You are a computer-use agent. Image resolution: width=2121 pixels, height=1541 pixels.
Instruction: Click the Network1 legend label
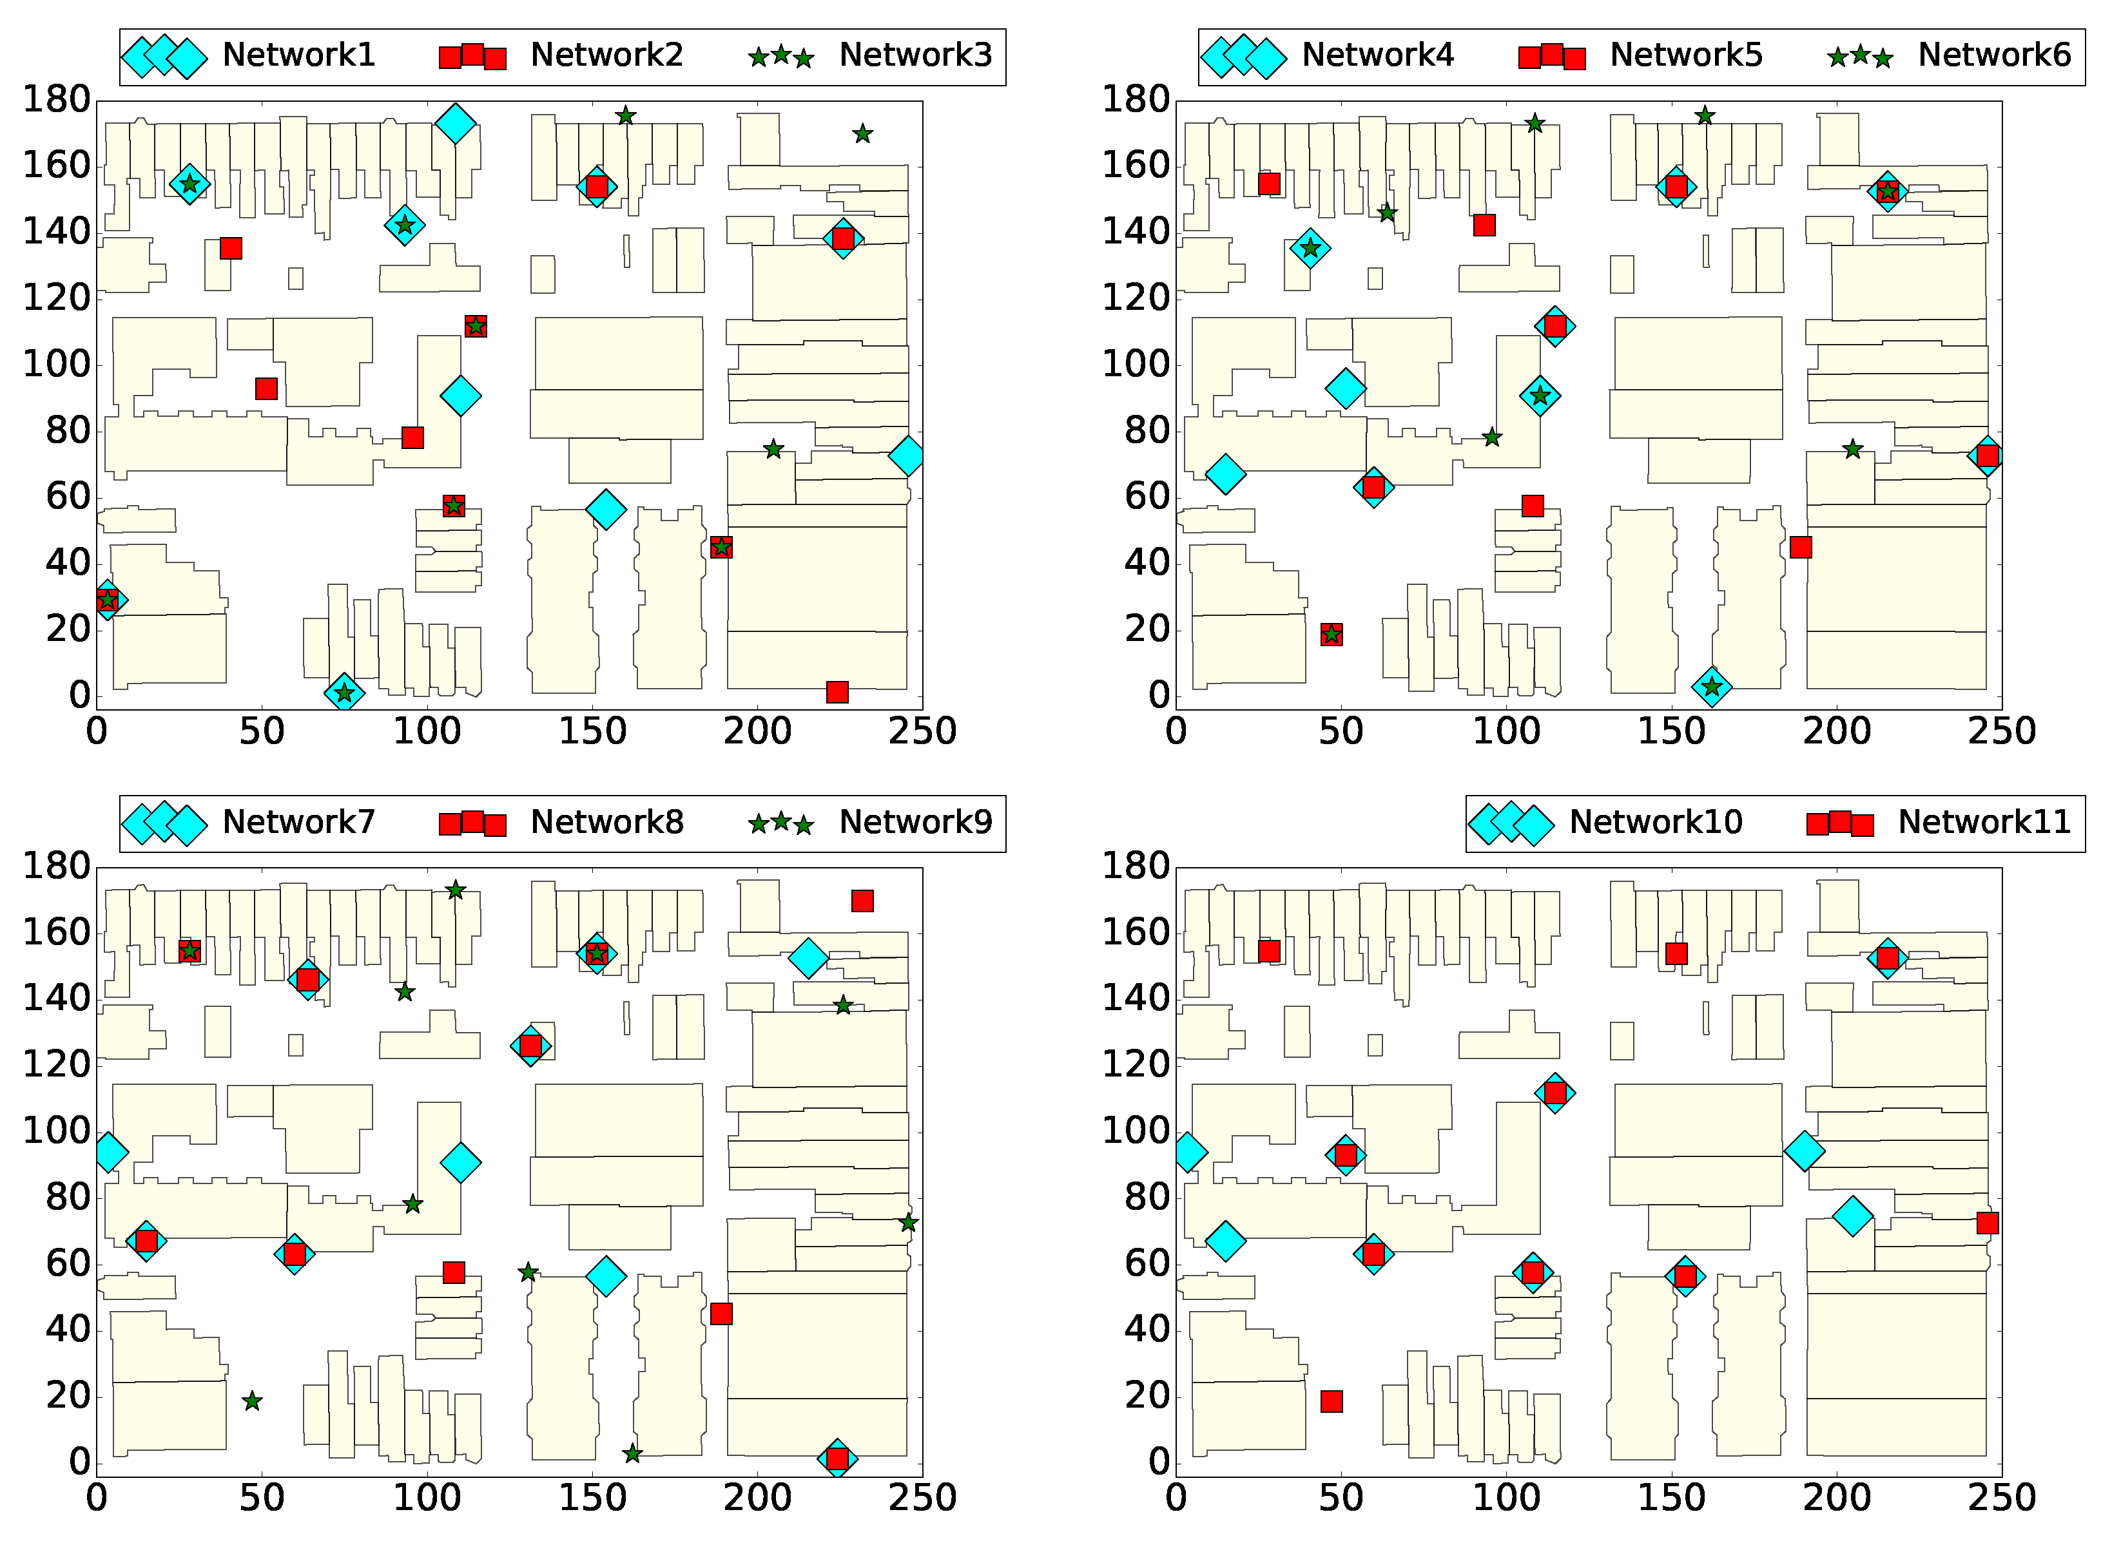coord(298,55)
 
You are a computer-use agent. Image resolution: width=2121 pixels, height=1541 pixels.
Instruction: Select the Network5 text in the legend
coord(1685,55)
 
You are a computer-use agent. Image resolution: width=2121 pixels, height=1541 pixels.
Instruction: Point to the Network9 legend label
coord(916,822)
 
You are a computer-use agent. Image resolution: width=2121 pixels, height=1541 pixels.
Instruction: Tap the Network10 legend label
coord(1655,822)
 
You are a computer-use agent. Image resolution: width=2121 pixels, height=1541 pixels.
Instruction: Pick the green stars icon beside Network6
coord(1860,57)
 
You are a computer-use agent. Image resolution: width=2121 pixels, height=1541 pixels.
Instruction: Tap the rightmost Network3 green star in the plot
coord(862,134)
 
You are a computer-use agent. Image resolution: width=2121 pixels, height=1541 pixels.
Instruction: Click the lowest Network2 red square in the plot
coord(837,692)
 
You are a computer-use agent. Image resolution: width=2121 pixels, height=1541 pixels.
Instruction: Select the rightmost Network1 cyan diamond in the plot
coord(906,456)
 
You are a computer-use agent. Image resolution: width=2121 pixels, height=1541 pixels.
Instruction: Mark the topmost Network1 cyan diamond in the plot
coord(456,122)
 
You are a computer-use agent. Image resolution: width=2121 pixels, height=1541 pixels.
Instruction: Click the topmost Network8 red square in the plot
coord(862,901)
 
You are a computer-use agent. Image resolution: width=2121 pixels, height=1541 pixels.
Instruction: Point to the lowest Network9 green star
coord(632,1454)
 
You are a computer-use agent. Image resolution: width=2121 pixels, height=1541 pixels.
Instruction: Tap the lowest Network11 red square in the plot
coord(1332,1401)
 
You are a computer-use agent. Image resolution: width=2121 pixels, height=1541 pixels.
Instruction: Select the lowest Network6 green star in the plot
coord(1711,687)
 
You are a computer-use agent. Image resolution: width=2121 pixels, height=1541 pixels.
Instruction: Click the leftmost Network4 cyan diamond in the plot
coord(1225,474)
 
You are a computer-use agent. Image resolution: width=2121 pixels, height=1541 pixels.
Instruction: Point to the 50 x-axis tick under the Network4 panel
coord(1341,731)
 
